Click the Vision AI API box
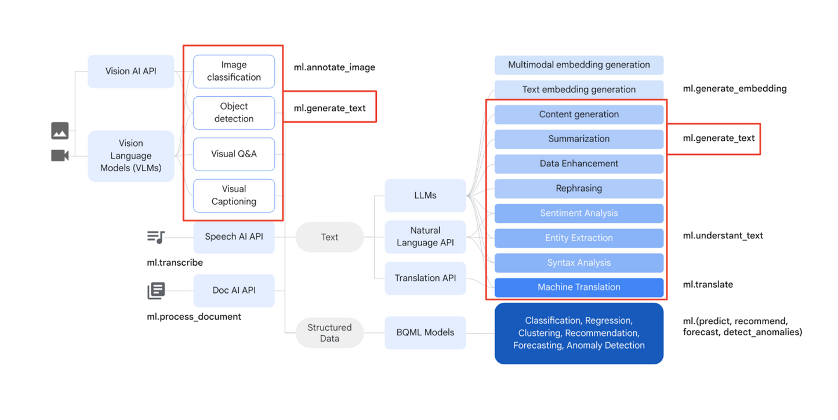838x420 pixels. [x=130, y=71]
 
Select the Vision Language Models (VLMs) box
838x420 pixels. [x=130, y=155]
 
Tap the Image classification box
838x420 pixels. [x=234, y=71]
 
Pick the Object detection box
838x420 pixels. [x=234, y=113]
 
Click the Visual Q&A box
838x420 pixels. [x=234, y=154]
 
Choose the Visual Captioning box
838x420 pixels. [x=234, y=195]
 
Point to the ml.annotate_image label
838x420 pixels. [x=334, y=67]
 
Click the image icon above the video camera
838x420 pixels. [x=60, y=131]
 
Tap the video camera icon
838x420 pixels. [x=60, y=155]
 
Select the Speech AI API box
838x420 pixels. [x=234, y=237]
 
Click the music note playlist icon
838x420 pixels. [x=155, y=237]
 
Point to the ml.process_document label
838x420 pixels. [x=194, y=317]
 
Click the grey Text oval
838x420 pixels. [x=329, y=237]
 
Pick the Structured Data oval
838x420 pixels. [x=329, y=333]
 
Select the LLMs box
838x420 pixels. [x=425, y=195]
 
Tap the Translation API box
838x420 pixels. [x=425, y=278]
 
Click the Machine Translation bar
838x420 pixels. [x=579, y=287]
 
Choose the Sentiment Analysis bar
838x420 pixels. [x=579, y=213]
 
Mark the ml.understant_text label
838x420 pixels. [x=723, y=236]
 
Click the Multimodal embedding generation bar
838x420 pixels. [x=579, y=65]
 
